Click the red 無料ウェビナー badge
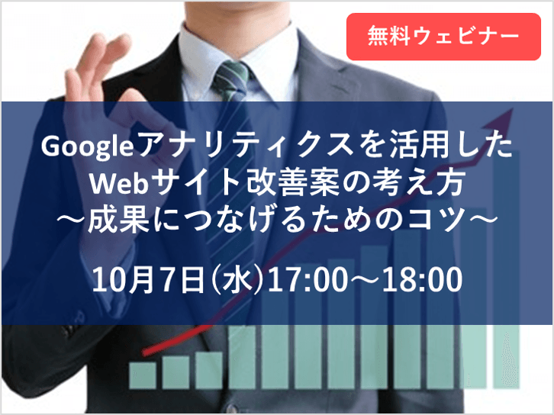pyautogui.click(x=443, y=35)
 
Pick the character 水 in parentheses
pyautogui.click(x=234, y=281)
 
